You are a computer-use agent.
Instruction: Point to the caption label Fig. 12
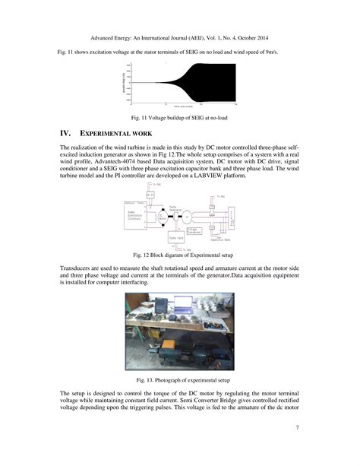(x=142, y=255)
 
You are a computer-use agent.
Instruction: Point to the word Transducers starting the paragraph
(x=78, y=270)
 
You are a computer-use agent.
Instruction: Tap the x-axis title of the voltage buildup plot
(x=180, y=108)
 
